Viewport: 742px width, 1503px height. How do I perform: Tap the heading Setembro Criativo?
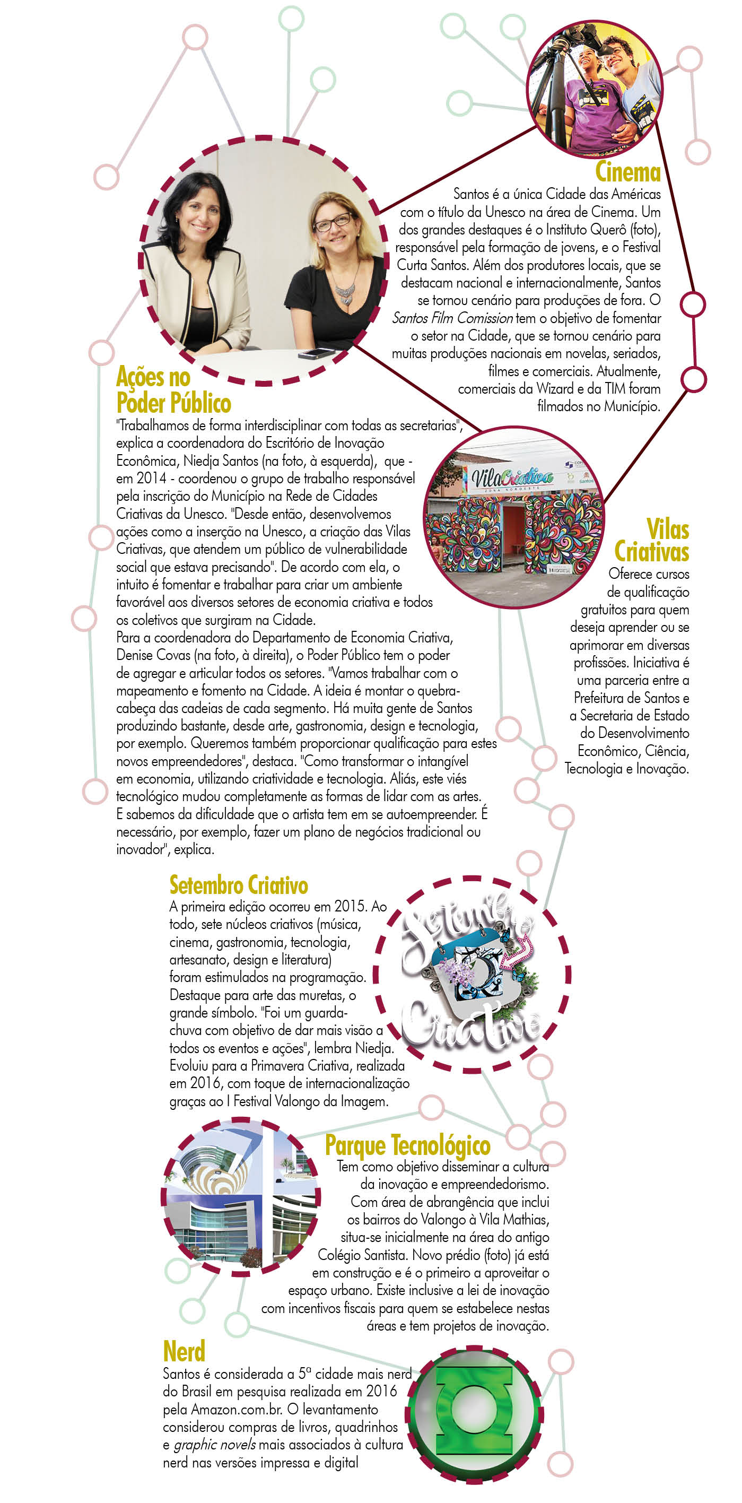point(239,885)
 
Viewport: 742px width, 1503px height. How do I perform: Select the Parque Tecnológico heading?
point(407,1145)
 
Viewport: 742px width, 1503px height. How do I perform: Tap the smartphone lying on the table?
point(317,353)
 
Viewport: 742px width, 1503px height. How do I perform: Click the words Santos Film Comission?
point(452,318)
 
